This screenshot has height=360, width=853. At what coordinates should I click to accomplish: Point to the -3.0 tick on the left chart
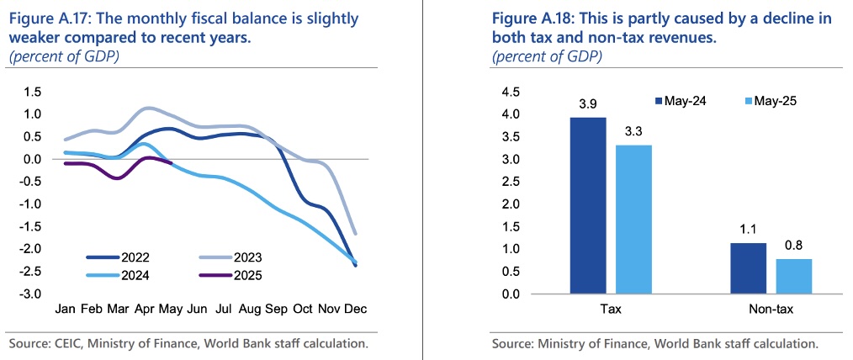coord(32,294)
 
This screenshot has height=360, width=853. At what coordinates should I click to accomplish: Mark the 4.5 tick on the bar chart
coord(511,92)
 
